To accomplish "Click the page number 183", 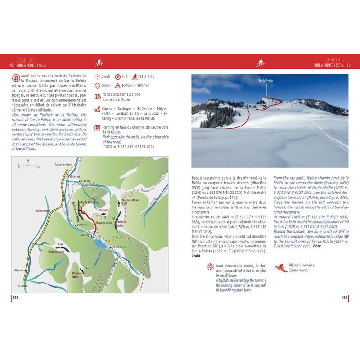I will pos(344,297).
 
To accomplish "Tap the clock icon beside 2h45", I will pos(98,77).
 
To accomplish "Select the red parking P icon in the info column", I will pos(98,128).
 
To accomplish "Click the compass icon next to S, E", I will pos(118,77).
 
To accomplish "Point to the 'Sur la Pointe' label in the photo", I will pos(266,81).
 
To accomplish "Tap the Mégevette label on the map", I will pos(19,270).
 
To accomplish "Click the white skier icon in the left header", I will pos(99,63).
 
